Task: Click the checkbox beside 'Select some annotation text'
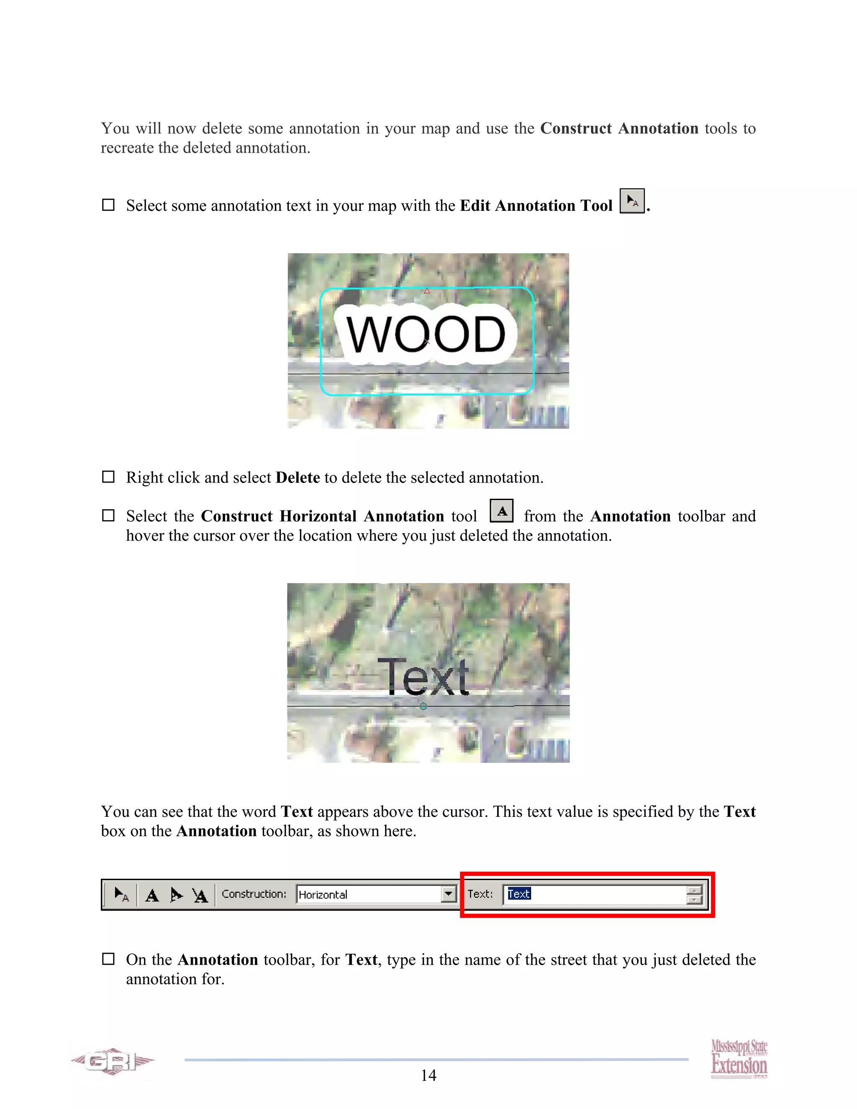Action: (x=108, y=205)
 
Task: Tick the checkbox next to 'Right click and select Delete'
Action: (x=108, y=477)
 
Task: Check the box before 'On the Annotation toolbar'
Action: (x=108, y=959)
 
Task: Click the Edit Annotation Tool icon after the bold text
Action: (x=632, y=200)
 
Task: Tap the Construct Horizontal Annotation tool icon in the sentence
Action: (x=502, y=511)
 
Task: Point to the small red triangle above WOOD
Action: (x=427, y=291)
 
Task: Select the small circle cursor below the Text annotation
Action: (x=423, y=706)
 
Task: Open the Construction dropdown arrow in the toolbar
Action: (x=448, y=894)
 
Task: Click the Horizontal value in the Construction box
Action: (x=323, y=895)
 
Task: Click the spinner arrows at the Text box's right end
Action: (x=694, y=895)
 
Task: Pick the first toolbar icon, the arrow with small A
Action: (x=121, y=894)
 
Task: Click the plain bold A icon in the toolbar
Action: (x=152, y=895)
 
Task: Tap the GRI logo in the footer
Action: (x=113, y=1061)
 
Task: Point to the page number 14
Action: (x=428, y=1075)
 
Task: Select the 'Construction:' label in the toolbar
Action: (x=254, y=894)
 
